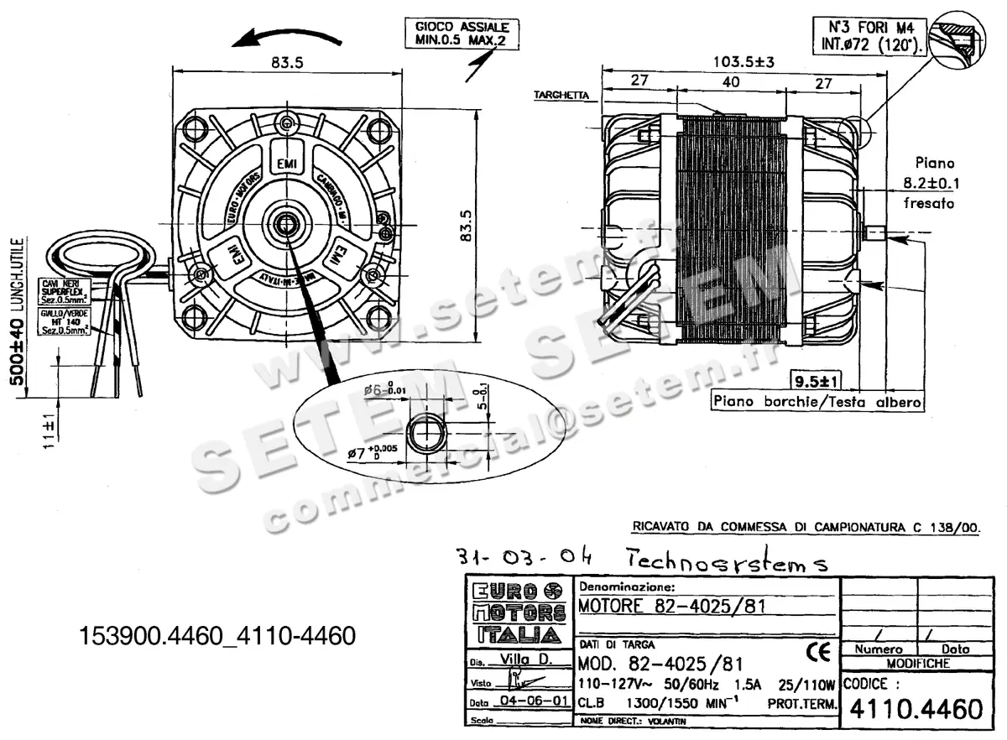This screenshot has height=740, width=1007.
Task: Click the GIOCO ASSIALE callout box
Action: (462, 33)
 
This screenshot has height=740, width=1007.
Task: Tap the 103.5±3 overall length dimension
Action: (743, 60)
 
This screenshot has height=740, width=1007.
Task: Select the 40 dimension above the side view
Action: (730, 82)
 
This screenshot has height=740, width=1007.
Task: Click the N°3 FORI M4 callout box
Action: (869, 34)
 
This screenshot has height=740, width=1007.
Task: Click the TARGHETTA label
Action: (561, 95)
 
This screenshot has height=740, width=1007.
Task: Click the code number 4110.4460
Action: (916, 710)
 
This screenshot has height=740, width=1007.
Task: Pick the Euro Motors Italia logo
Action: (516, 611)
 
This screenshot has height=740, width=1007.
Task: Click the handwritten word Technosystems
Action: (727, 560)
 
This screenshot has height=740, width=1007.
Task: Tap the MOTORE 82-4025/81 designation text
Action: (671, 606)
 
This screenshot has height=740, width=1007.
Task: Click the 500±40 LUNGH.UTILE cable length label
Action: (16, 310)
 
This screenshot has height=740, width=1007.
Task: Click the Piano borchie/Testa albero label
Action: (817, 402)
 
